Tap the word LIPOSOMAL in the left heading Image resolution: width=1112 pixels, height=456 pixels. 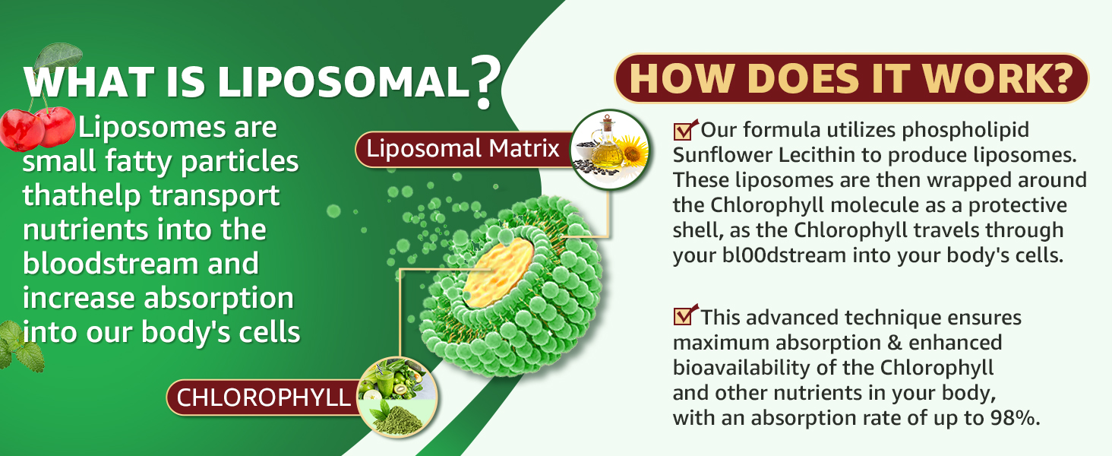pyautogui.click(x=343, y=82)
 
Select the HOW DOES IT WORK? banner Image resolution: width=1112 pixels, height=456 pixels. pyautogui.click(x=851, y=78)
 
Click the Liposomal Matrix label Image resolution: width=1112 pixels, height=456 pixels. pyautogui.click(x=463, y=148)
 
